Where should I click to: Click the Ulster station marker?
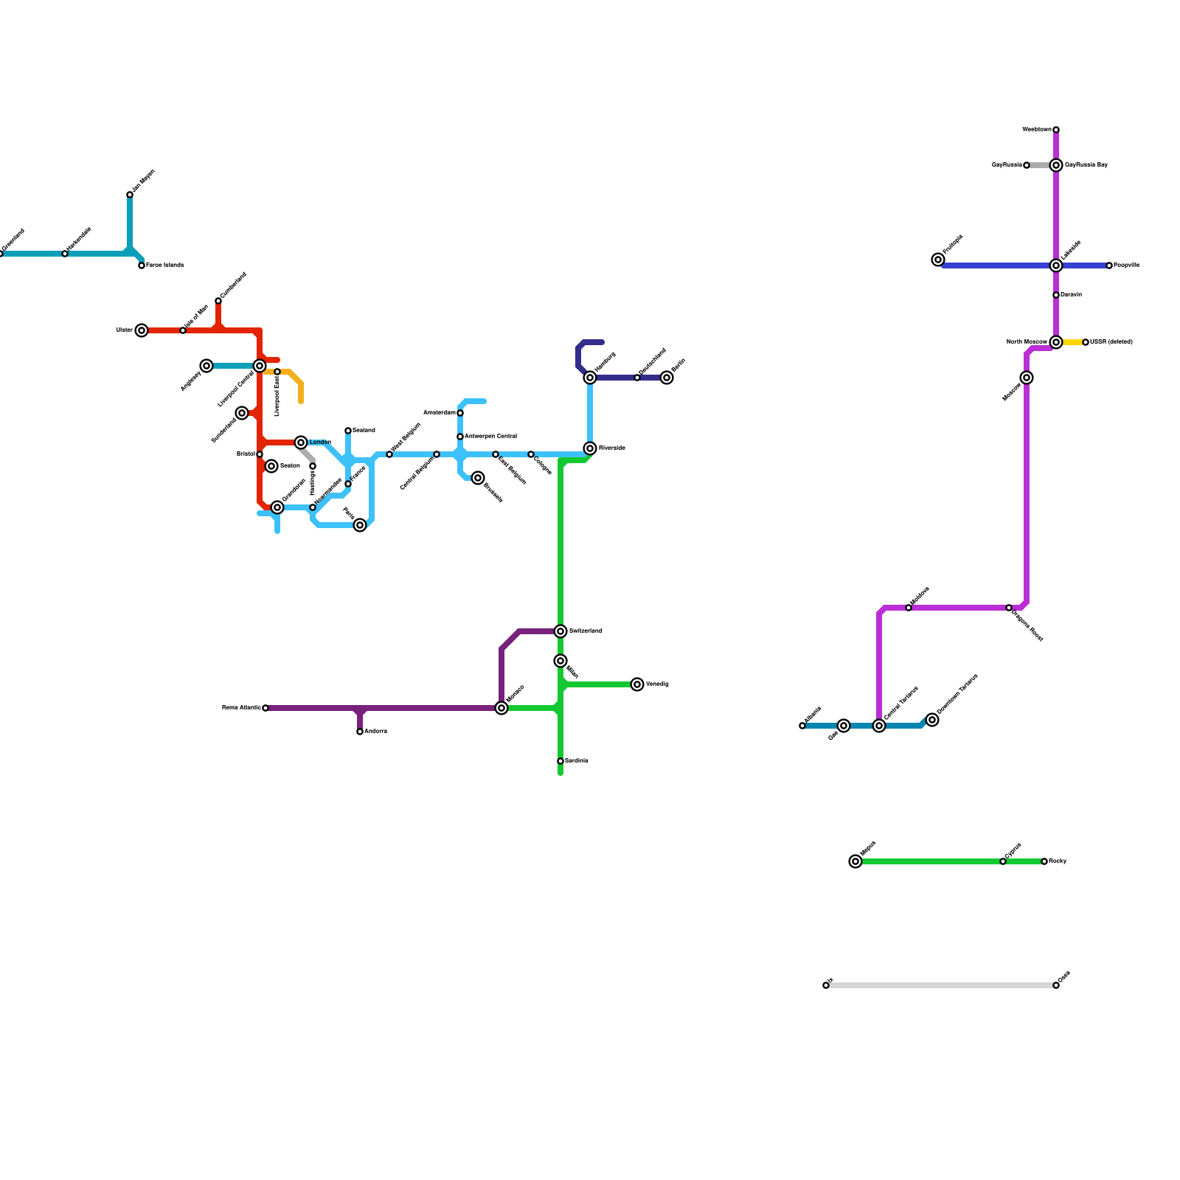(142, 330)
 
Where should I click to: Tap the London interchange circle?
(301, 442)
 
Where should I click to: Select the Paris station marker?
(360, 525)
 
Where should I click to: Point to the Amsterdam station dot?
(460, 413)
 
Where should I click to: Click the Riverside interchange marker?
(590, 448)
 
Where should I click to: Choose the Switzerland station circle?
(560, 631)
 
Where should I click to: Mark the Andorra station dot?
(360, 732)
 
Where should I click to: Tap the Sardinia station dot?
(560, 761)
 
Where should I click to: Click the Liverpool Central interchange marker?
(260, 366)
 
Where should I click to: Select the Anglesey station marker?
(206, 366)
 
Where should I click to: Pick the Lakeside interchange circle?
(1056, 265)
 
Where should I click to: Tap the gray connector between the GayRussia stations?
(1040, 165)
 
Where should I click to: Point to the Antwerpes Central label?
(490, 437)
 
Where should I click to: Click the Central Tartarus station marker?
(879, 726)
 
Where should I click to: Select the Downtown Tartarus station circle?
(932, 720)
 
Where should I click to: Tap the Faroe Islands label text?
(164, 265)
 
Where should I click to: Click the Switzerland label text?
(586, 631)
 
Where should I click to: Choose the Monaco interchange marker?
(502, 708)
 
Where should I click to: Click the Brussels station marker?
(478, 478)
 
